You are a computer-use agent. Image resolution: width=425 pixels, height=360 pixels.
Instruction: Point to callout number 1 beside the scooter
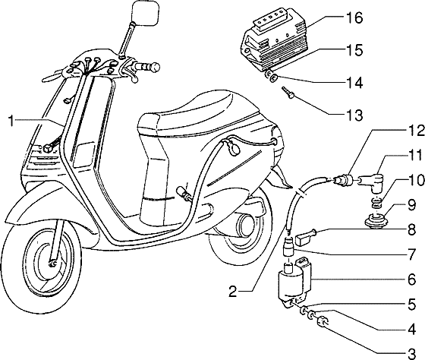click(x=11, y=119)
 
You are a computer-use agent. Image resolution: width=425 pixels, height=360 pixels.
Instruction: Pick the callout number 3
click(x=411, y=354)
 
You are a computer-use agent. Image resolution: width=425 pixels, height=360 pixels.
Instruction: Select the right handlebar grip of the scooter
click(x=150, y=68)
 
